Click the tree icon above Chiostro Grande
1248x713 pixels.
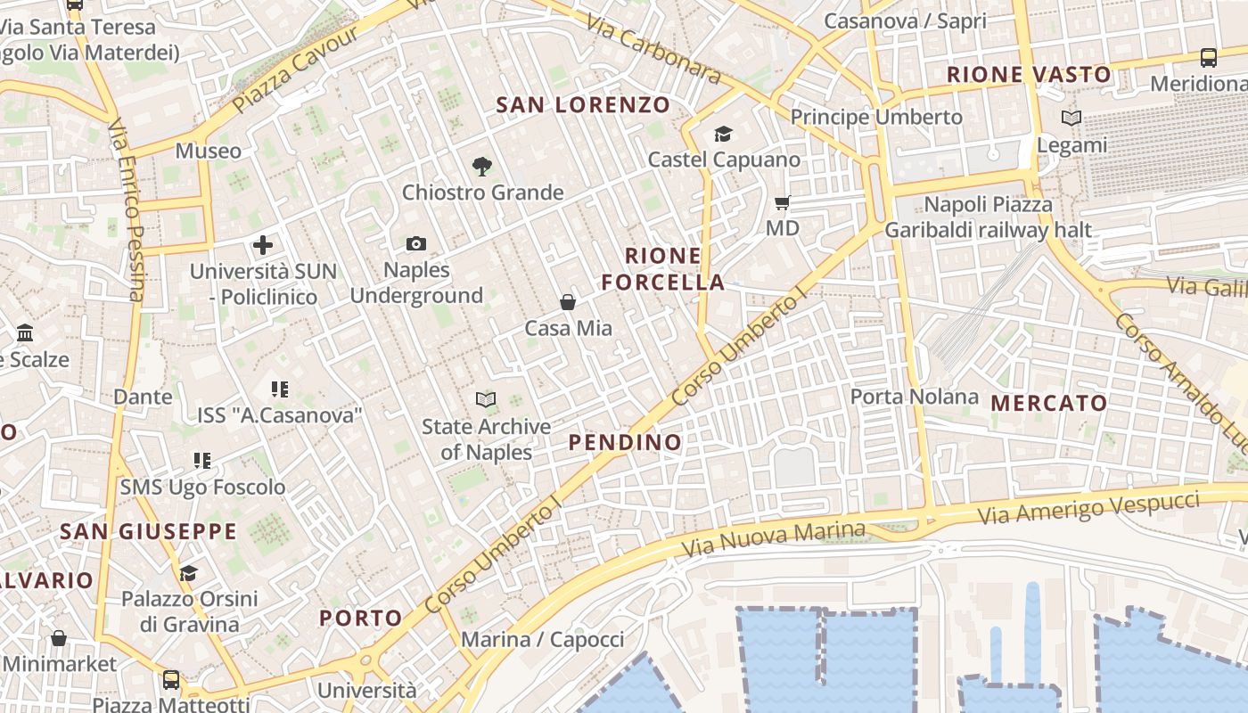coord(482,166)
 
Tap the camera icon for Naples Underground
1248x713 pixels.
coord(416,243)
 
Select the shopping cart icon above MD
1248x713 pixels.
coord(782,202)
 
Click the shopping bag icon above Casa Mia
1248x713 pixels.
coord(568,302)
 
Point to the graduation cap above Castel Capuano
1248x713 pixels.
coord(723,134)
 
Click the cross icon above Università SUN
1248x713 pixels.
coord(263,244)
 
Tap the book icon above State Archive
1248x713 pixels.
coord(486,399)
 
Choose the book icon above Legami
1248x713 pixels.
coord(1071,118)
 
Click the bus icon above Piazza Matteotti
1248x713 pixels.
coord(171,680)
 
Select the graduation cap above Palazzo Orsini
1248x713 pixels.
coord(188,572)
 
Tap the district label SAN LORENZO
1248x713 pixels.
coord(583,105)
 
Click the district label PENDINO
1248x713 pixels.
coord(625,442)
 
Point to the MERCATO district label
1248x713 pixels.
coord(1049,403)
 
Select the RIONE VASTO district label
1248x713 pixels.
coord(1029,75)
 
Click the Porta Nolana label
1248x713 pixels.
coord(914,397)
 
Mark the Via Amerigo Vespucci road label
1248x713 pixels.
coord(1088,506)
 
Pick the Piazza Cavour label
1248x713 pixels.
coord(295,70)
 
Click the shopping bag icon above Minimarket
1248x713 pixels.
coord(59,638)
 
